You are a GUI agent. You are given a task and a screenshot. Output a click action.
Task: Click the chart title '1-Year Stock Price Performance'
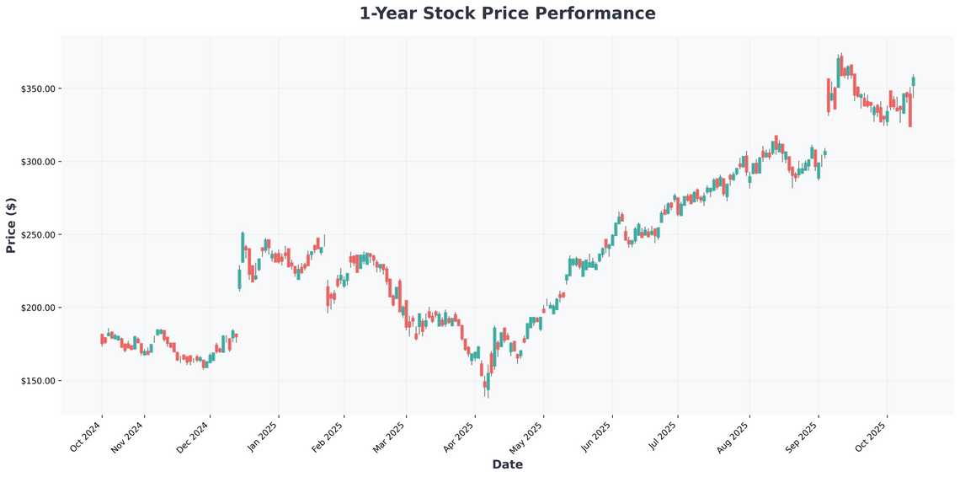click(507, 13)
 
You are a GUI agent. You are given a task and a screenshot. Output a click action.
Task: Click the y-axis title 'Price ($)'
click(11, 225)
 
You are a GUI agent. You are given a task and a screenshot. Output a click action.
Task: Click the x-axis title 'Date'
click(507, 464)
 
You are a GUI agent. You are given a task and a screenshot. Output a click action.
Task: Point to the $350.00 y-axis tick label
click(38, 89)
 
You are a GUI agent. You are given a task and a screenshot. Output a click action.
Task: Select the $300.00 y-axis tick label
click(38, 162)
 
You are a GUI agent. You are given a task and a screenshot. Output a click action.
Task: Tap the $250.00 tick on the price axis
click(38, 235)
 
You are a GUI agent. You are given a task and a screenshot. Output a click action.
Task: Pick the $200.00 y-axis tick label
click(38, 308)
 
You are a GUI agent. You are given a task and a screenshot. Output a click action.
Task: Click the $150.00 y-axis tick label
click(38, 381)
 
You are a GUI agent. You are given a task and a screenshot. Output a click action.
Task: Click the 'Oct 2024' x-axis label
click(86, 436)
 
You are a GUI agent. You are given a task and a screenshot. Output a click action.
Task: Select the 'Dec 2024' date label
click(194, 436)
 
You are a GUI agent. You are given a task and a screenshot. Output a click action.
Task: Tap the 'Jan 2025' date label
click(263, 436)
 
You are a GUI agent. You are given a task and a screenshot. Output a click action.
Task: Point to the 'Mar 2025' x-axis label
click(390, 436)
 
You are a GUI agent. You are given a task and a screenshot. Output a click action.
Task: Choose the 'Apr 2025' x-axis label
click(459, 436)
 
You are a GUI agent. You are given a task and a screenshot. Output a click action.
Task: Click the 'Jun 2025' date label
click(596, 436)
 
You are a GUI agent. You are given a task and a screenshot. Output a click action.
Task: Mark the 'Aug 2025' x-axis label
click(733, 436)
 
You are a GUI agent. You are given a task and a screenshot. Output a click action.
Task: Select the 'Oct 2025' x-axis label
click(871, 436)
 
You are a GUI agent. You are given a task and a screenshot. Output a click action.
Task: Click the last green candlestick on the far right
click(913, 81)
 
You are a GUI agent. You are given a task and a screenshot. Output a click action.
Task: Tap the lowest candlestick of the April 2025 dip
click(487, 383)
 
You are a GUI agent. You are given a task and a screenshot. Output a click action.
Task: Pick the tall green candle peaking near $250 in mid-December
click(243, 247)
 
